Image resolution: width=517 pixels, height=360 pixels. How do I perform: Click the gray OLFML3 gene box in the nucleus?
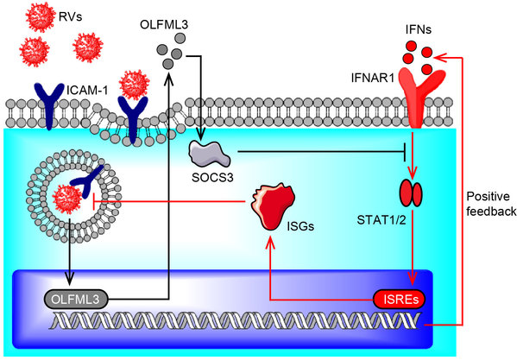tap(76, 300)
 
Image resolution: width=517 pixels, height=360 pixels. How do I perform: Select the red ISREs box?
tap(400, 300)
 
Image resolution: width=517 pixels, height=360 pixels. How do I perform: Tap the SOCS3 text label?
tap(212, 177)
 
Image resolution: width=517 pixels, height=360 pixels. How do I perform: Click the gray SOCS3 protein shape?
tap(210, 154)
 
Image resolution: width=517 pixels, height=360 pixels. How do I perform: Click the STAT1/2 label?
tap(381, 220)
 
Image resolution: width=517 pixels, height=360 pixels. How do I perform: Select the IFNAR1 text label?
tap(373, 79)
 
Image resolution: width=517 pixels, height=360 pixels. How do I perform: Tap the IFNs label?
tap(419, 29)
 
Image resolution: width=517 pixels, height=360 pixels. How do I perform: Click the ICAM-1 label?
tap(87, 90)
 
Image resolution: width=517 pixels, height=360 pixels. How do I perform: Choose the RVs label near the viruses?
tap(70, 16)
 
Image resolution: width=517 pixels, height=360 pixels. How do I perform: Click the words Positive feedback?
tap(491, 204)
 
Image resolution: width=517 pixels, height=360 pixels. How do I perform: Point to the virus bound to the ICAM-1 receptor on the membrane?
tap(134, 85)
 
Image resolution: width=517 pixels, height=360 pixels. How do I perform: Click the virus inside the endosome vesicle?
tap(68, 199)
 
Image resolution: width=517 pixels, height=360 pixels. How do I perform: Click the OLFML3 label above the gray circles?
tap(164, 25)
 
